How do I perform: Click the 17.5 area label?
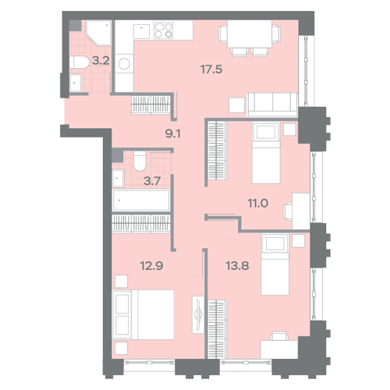[x=211, y=69]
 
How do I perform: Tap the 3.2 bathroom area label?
[x=101, y=61]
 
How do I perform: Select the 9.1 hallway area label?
[x=173, y=133]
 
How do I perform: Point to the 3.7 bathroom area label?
[x=152, y=181]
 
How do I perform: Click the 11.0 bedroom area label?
[x=258, y=203]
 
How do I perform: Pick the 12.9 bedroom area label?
[x=151, y=266]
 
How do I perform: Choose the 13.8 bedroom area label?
[x=237, y=266]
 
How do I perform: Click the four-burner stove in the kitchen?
[x=163, y=30]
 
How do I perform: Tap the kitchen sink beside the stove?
[x=141, y=31]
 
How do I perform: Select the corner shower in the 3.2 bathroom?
[x=99, y=34]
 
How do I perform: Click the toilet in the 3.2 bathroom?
[x=80, y=62]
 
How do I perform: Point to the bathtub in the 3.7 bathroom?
[x=141, y=200]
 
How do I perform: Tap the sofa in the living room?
[x=272, y=105]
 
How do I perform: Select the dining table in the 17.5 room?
[x=250, y=34]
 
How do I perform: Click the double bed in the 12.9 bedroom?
[x=143, y=314]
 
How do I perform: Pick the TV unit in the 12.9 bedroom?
[x=198, y=314]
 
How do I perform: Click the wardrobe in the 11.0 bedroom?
[x=218, y=151]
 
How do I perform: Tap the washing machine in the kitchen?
[x=124, y=64]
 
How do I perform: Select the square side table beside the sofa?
[x=237, y=105]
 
